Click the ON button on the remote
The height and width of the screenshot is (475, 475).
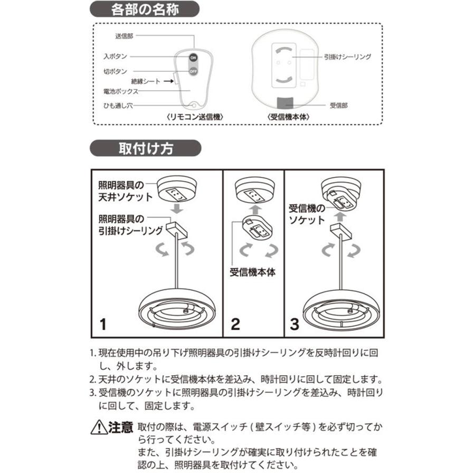[x=193, y=57]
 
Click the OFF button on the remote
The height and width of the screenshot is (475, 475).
[x=193, y=71]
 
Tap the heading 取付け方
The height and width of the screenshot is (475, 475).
[x=146, y=148]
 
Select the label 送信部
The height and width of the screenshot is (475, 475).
[x=125, y=36]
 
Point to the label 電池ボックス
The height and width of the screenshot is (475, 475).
[x=121, y=91]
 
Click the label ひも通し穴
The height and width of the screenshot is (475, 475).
[x=118, y=106]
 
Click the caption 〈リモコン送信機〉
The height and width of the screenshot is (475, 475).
[x=192, y=117]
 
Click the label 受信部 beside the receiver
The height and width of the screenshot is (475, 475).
[x=338, y=106]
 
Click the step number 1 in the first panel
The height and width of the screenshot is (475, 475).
[x=103, y=324]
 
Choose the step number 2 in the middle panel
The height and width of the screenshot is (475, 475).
[x=235, y=324]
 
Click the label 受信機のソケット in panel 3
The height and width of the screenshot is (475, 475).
[x=307, y=214]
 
